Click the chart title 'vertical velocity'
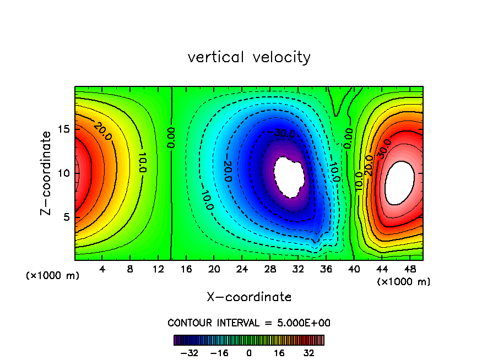[x=249, y=57]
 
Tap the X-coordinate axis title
[x=249, y=297]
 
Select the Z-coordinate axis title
[x=48, y=173]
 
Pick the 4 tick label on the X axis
[x=102, y=270]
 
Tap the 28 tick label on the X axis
[x=270, y=270]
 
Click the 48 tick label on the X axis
[x=409, y=270]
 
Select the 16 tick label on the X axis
[x=186, y=270]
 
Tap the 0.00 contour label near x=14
[x=172, y=139]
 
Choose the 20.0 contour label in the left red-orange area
[x=102, y=131]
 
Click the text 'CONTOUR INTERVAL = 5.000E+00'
[x=249, y=323]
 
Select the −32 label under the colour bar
[x=190, y=353]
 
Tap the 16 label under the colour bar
[x=279, y=353]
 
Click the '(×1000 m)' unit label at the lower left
[x=53, y=276]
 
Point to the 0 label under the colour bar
[x=249, y=353]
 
